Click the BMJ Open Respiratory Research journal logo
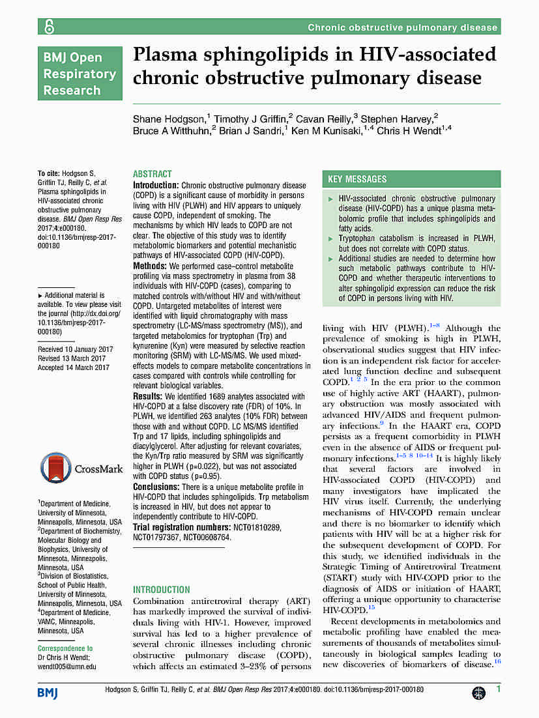[x=80, y=74]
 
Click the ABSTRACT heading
[x=153, y=175]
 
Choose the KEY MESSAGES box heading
[x=357, y=179]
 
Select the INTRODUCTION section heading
[x=162, y=590]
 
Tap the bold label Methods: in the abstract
[x=149, y=266]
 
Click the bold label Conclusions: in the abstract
[x=156, y=487]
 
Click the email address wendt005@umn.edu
[x=66, y=667]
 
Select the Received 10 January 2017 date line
[x=76, y=349]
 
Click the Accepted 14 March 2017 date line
[x=74, y=367]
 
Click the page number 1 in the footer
[x=498, y=689]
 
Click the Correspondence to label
[x=65, y=648]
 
